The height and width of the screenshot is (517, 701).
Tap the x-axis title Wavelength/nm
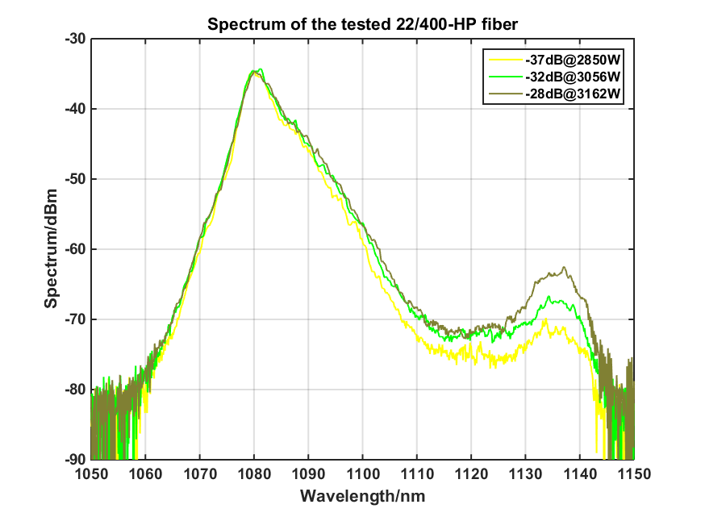362,495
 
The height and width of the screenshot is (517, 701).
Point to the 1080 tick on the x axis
254,473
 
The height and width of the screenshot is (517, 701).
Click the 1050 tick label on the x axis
91,473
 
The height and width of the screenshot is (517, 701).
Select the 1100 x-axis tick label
362,473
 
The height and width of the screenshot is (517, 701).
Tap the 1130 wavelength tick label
525,473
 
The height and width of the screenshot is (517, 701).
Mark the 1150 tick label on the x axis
633,473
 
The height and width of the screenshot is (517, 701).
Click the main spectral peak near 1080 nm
255,71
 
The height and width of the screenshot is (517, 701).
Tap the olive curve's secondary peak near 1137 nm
565,268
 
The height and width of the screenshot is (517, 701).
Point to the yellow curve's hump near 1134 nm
545,320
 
